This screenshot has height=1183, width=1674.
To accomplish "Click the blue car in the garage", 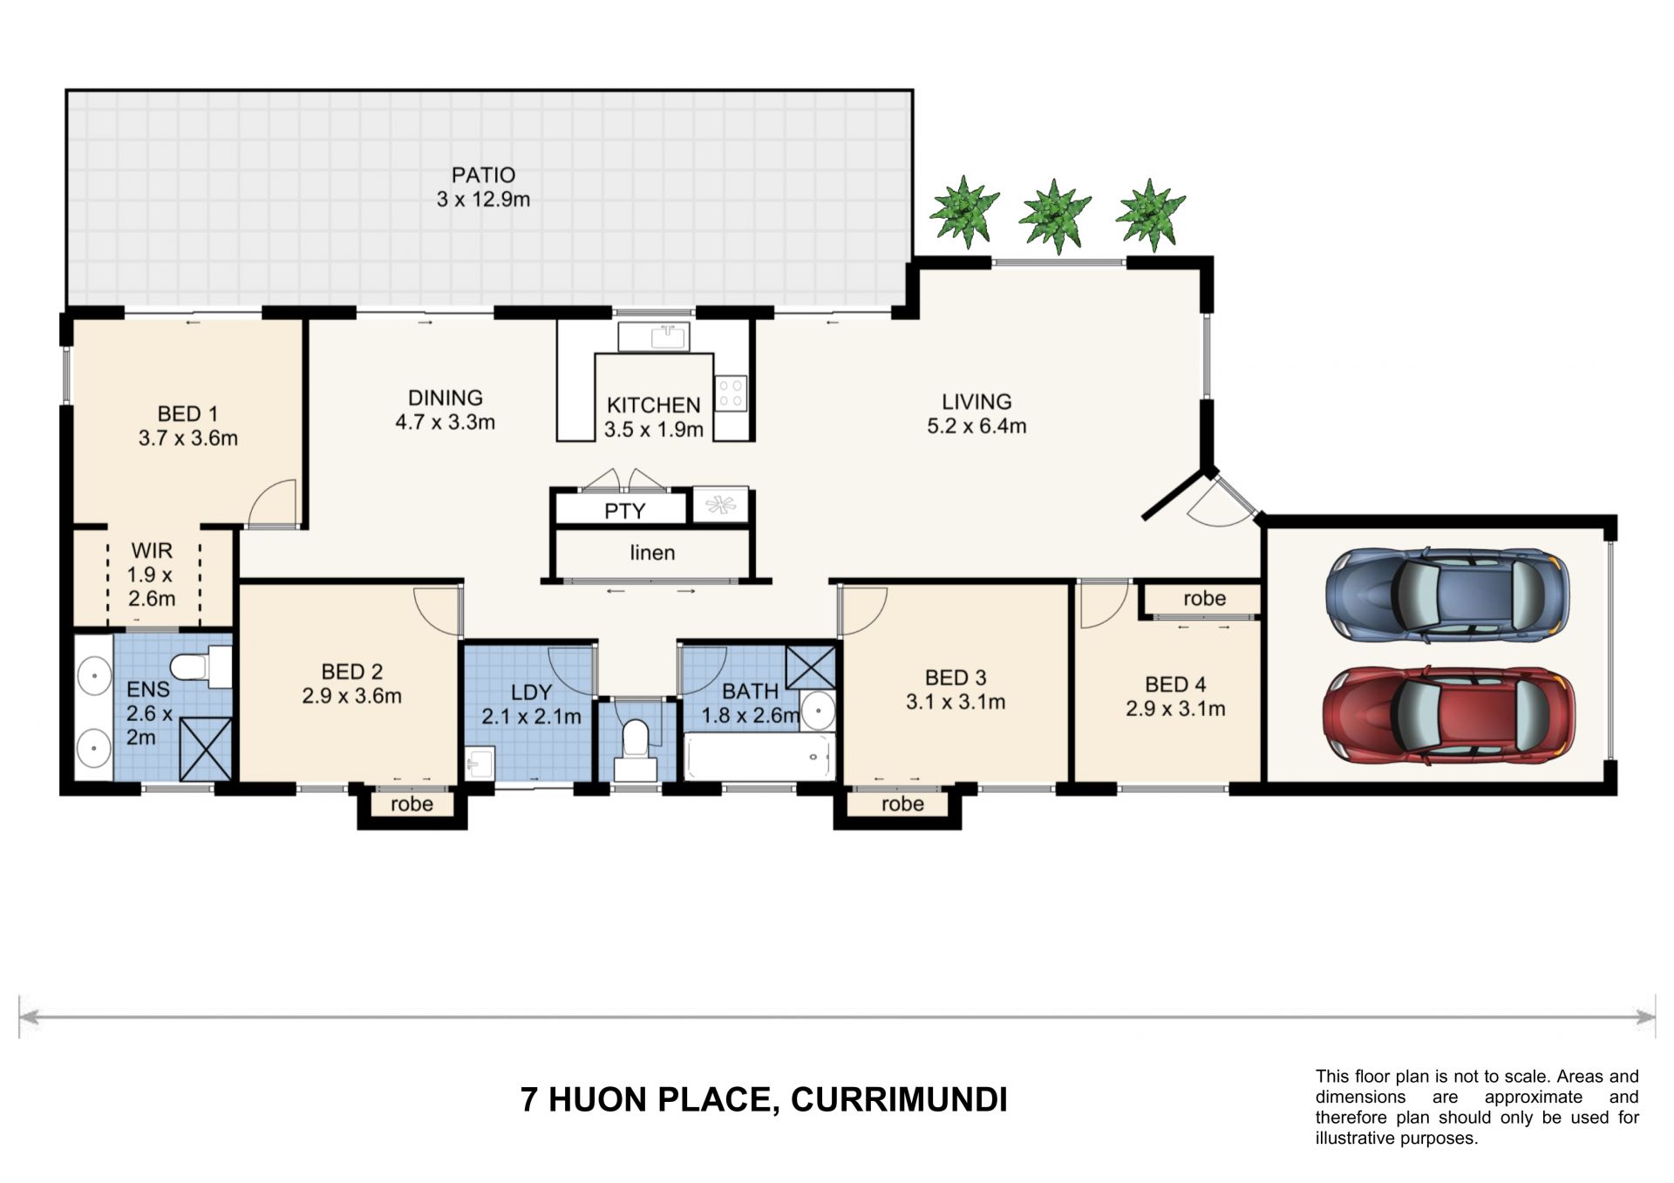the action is [x=1447, y=595].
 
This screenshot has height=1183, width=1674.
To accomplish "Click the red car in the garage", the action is [x=1449, y=716].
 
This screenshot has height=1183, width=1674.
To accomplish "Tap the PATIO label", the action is [x=483, y=175].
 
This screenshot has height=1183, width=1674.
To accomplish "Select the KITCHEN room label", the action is [x=654, y=405].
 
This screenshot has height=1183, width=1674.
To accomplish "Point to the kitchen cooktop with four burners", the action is [x=731, y=393].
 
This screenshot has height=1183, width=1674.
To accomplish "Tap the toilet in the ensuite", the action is [x=201, y=667].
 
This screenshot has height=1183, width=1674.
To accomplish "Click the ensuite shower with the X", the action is [x=207, y=749].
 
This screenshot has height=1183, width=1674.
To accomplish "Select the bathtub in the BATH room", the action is [x=759, y=757].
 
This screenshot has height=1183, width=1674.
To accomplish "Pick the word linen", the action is [x=652, y=553].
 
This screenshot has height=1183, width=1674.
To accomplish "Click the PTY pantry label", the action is [x=625, y=511].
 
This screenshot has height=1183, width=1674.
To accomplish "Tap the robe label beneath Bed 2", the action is [x=412, y=804].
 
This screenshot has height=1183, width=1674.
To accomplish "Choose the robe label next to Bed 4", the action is [x=1205, y=599].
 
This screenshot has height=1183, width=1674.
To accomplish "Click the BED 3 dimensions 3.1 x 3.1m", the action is [x=956, y=702].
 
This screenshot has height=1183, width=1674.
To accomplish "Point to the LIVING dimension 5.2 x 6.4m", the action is [x=976, y=426].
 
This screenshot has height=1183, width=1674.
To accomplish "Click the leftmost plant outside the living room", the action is [x=963, y=211].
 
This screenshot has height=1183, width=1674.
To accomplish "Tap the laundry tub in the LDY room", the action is [x=480, y=762].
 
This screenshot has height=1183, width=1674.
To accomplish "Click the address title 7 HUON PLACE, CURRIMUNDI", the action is [x=764, y=1100].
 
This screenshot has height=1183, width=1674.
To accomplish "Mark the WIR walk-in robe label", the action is [x=152, y=551].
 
